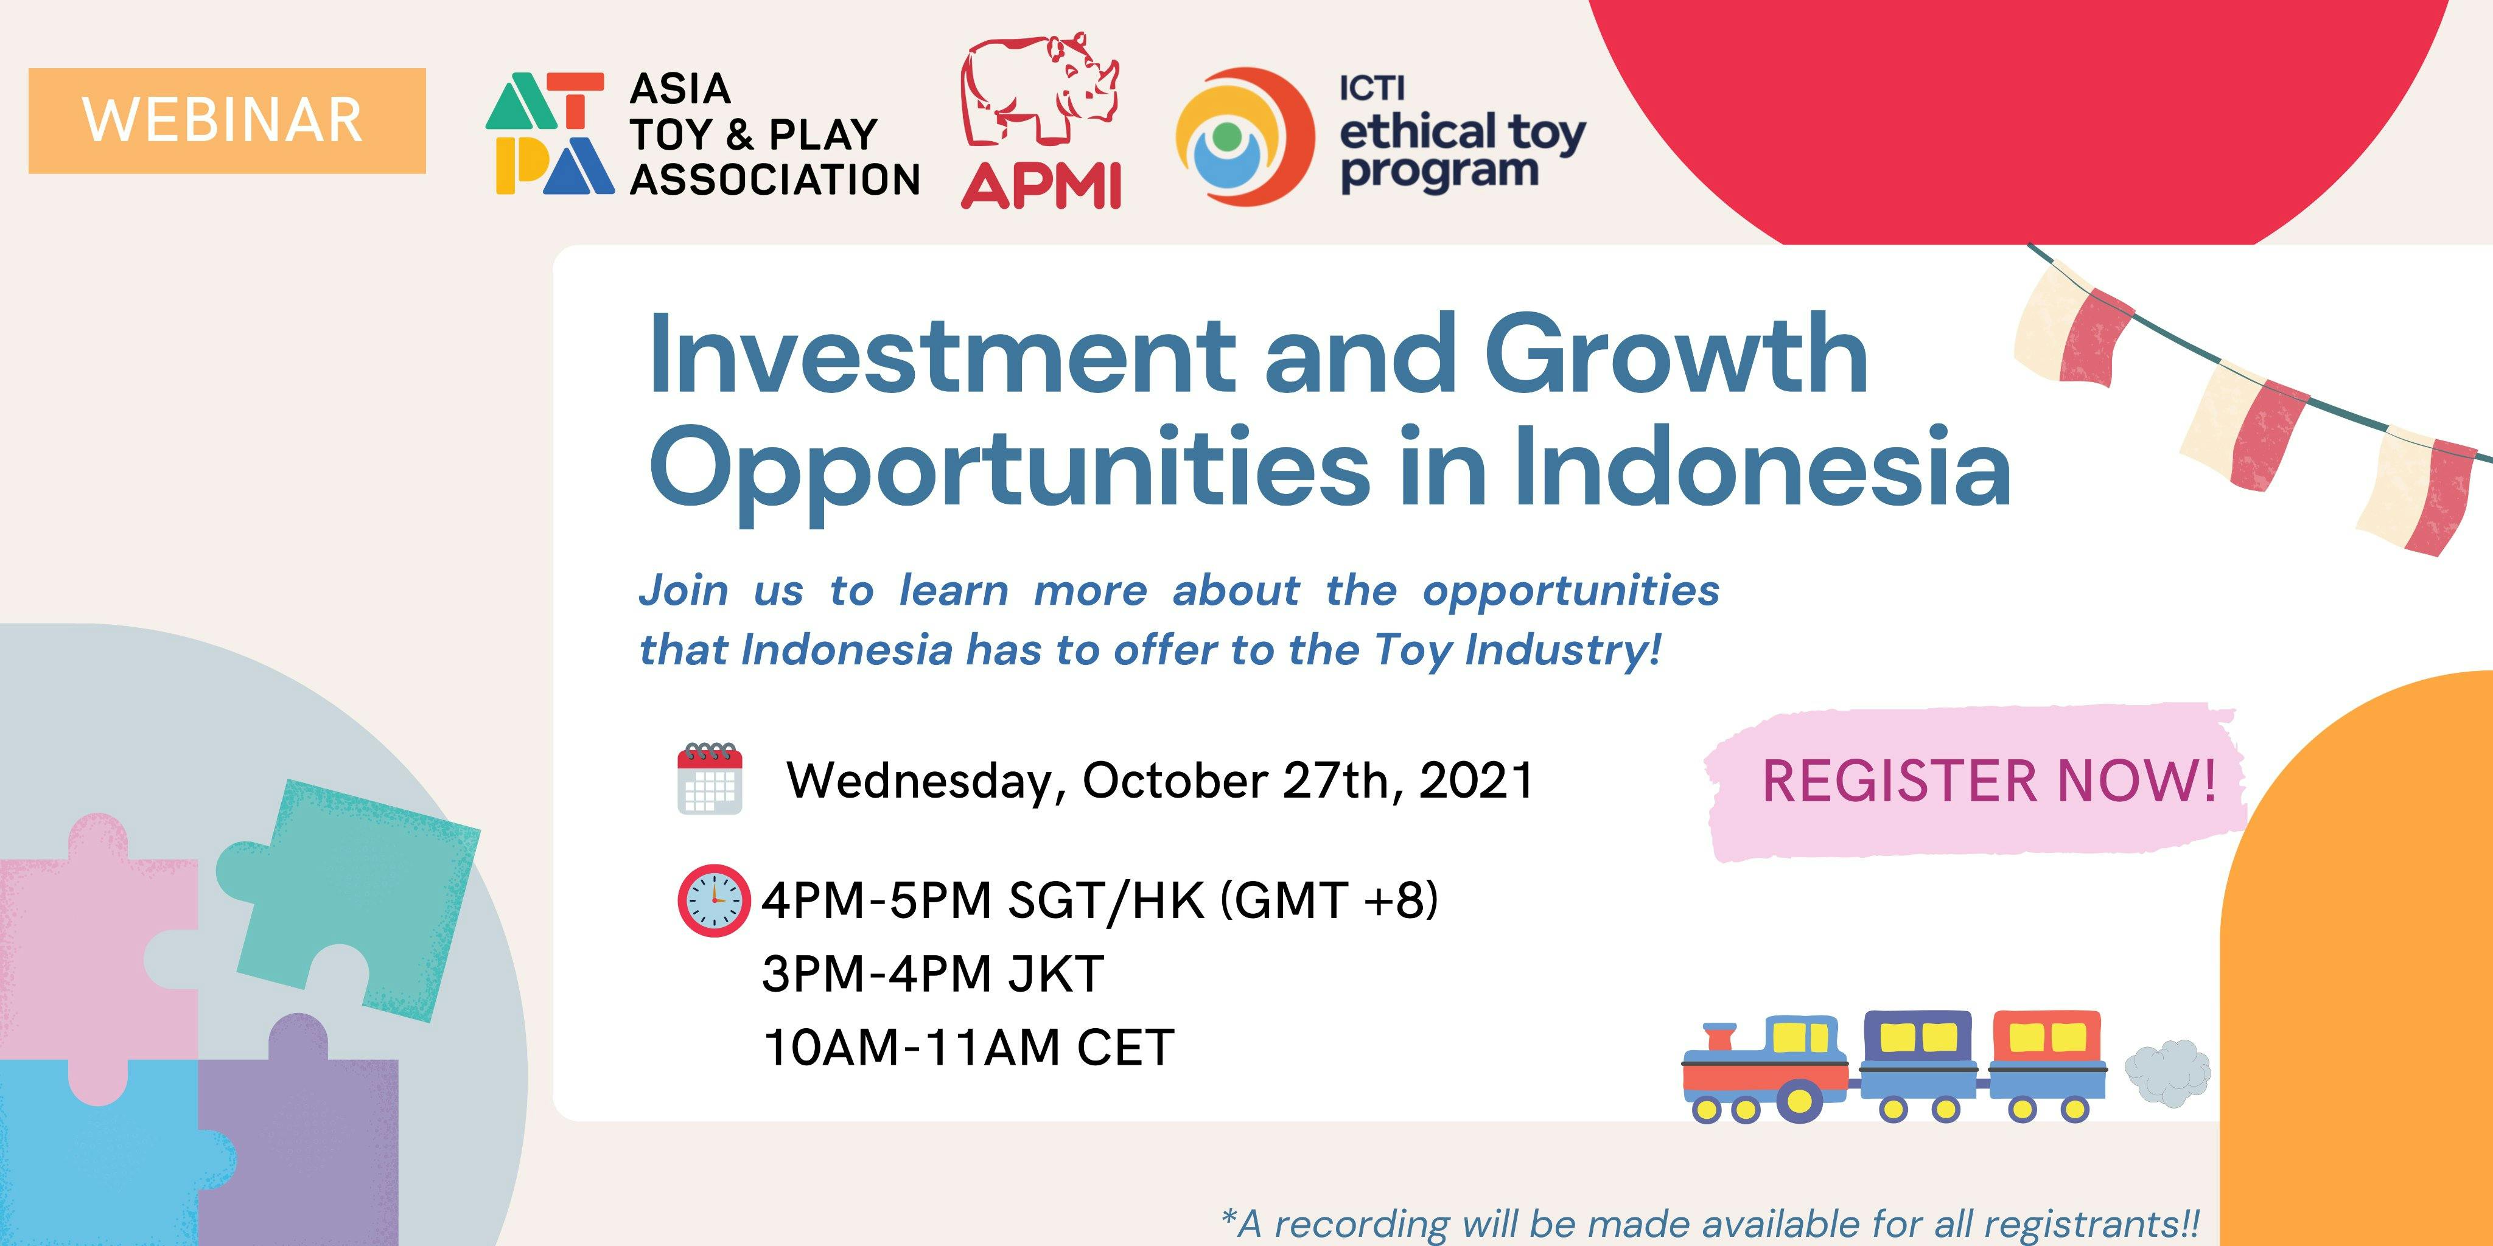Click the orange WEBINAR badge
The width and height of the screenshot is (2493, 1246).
(226, 121)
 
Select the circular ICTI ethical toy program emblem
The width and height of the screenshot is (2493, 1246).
(1245, 136)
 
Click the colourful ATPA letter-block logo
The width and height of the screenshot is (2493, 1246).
(550, 133)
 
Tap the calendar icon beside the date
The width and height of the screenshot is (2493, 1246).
(710, 778)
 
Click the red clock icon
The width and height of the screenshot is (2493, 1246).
(713, 900)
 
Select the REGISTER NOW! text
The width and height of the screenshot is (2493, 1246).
(1989, 781)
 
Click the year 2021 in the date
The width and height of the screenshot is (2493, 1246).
(1476, 780)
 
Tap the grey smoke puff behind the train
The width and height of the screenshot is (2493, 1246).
(2168, 1073)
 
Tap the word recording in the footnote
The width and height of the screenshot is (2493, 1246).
(1360, 1223)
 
